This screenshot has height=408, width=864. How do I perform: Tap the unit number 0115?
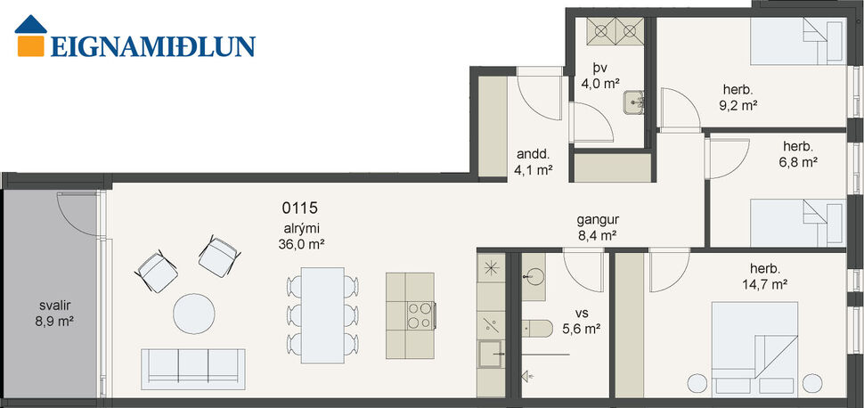(x=300, y=208)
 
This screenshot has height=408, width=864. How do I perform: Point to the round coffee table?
(x=194, y=314)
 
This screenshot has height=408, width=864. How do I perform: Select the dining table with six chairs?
(x=323, y=310)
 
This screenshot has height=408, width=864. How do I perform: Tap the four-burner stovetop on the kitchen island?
(x=421, y=315)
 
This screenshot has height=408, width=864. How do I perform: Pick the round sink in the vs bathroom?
(x=534, y=273)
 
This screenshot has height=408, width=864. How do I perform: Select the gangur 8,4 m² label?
(x=597, y=228)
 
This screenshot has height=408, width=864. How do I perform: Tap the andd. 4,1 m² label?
(x=534, y=160)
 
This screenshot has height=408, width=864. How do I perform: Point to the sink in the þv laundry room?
(x=636, y=103)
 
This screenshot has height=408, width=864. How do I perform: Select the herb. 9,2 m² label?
(x=738, y=96)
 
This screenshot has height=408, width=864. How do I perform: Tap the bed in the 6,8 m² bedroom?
(x=795, y=219)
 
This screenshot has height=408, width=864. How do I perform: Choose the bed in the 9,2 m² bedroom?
(x=795, y=42)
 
